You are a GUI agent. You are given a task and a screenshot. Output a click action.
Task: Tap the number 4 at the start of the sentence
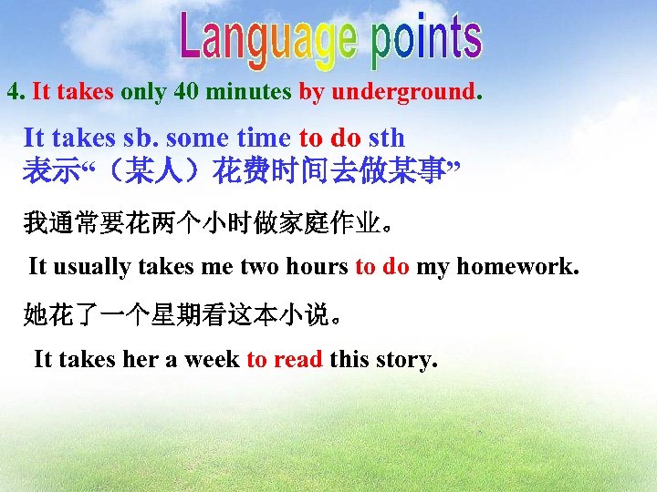pyautogui.click(x=13, y=92)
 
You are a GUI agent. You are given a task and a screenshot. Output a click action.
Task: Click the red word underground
pyautogui.click(x=403, y=92)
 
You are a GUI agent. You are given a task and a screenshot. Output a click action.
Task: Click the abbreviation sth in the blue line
pyautogui.click(x=386, y=138)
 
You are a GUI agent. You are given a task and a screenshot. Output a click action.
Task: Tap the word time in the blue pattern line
pyautogui.click(x=265, y=138)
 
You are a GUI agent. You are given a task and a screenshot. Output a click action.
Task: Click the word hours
pyautogui.click(x=317, y=267)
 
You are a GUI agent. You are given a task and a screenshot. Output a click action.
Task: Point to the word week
pyautogui.click(x=212, y=359)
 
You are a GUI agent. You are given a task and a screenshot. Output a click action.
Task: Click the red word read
pyautogui.click(x=297, y=359)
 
